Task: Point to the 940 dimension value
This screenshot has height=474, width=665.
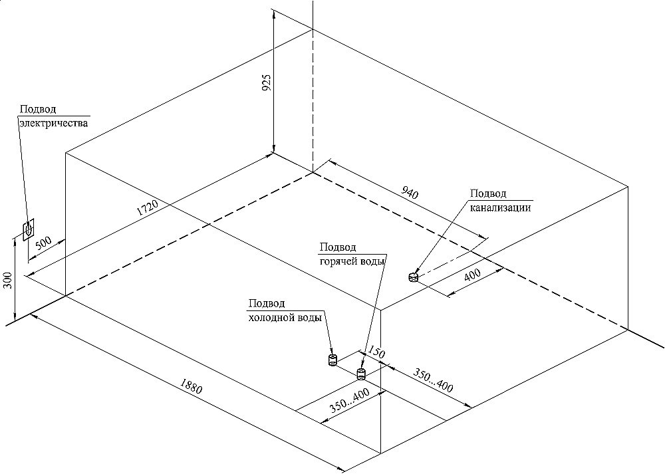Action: coord(410,194)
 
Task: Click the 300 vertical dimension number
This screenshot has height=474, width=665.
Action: coord(7,281)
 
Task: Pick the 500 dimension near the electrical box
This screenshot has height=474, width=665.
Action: coord(45,243)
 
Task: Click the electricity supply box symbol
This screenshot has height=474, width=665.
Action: coord(29,230)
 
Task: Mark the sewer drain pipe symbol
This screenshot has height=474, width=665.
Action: coord(413,277)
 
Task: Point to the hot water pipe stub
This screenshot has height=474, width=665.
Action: coord(361,372)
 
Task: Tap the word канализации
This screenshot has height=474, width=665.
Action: coord(501,207)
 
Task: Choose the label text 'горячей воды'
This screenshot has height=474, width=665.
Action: coord(352,261)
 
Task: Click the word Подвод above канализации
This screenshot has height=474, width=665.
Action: coord(489,193)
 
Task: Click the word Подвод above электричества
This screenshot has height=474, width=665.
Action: coord(38,110)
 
